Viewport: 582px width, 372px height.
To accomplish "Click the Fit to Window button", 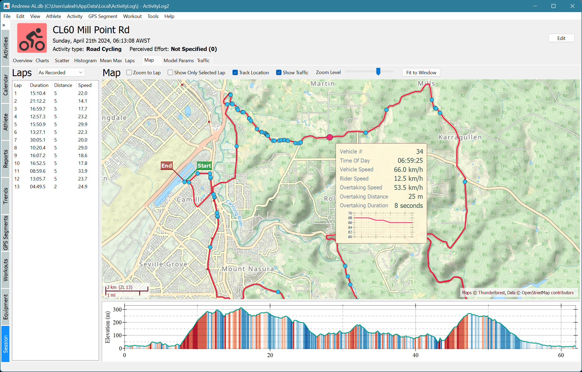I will tap(421, 72).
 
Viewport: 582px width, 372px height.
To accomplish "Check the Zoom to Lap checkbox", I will tap(129, 72).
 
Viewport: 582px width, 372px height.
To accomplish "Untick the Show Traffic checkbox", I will tap(279, 72).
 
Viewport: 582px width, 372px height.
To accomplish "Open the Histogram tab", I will tap(85, 60).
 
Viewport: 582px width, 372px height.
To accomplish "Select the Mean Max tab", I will tap(111, 60).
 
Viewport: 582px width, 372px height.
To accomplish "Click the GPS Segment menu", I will tap(103, 16).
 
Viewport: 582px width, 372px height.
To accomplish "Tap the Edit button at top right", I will tap(561, 38).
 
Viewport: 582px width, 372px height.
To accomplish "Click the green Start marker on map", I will tap(204, 165).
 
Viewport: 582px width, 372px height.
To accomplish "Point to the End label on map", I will tap(166, 165).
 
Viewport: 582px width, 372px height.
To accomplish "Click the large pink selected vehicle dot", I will tap(330, 137).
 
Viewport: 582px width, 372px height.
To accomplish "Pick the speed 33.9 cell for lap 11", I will tap(82, 171).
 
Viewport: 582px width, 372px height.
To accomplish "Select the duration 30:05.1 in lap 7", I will tap(37, 140).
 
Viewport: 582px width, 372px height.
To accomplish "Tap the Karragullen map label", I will tap(460, 137).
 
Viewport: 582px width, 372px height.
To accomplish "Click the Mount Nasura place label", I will tap(248, 269).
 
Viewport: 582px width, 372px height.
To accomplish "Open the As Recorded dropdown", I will tap(61, 72).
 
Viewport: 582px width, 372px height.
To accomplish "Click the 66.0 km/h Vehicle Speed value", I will tap(408, 170).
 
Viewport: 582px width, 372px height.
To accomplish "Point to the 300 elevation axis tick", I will tap(117, 309).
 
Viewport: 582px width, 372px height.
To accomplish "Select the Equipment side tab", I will tap(5, 307).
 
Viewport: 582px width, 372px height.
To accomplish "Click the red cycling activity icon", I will tap(32, 38).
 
